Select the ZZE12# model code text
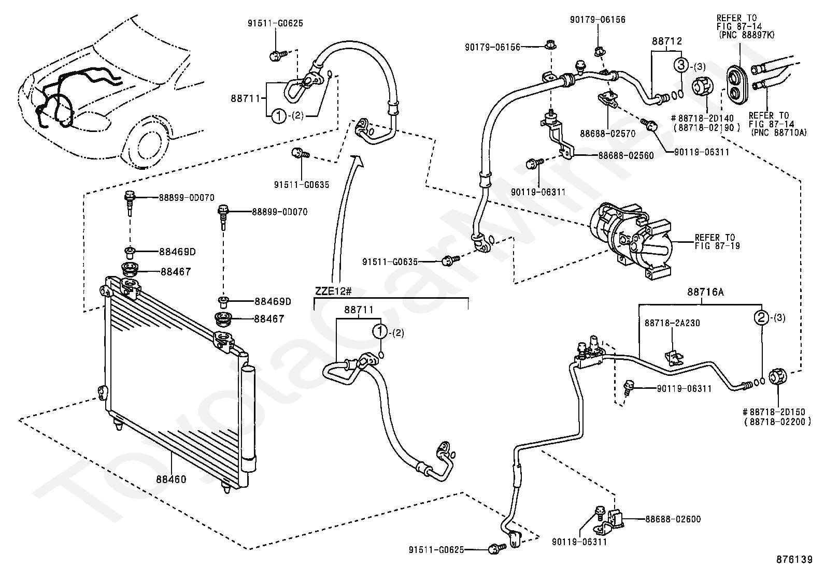click(330, 290)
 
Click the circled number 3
click(681, 65)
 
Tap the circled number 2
click(761, 317)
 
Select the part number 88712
click(667, 41)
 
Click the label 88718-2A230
click(672, 323)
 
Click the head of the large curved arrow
click(357, 159)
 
